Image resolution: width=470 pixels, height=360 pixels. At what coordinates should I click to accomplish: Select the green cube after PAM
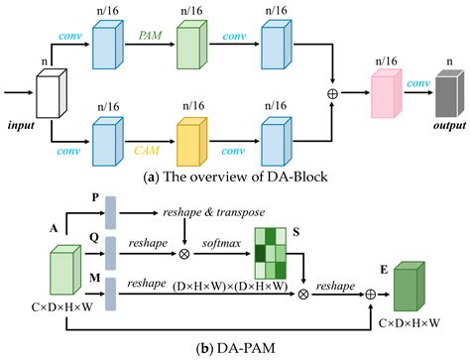coord(186,49)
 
